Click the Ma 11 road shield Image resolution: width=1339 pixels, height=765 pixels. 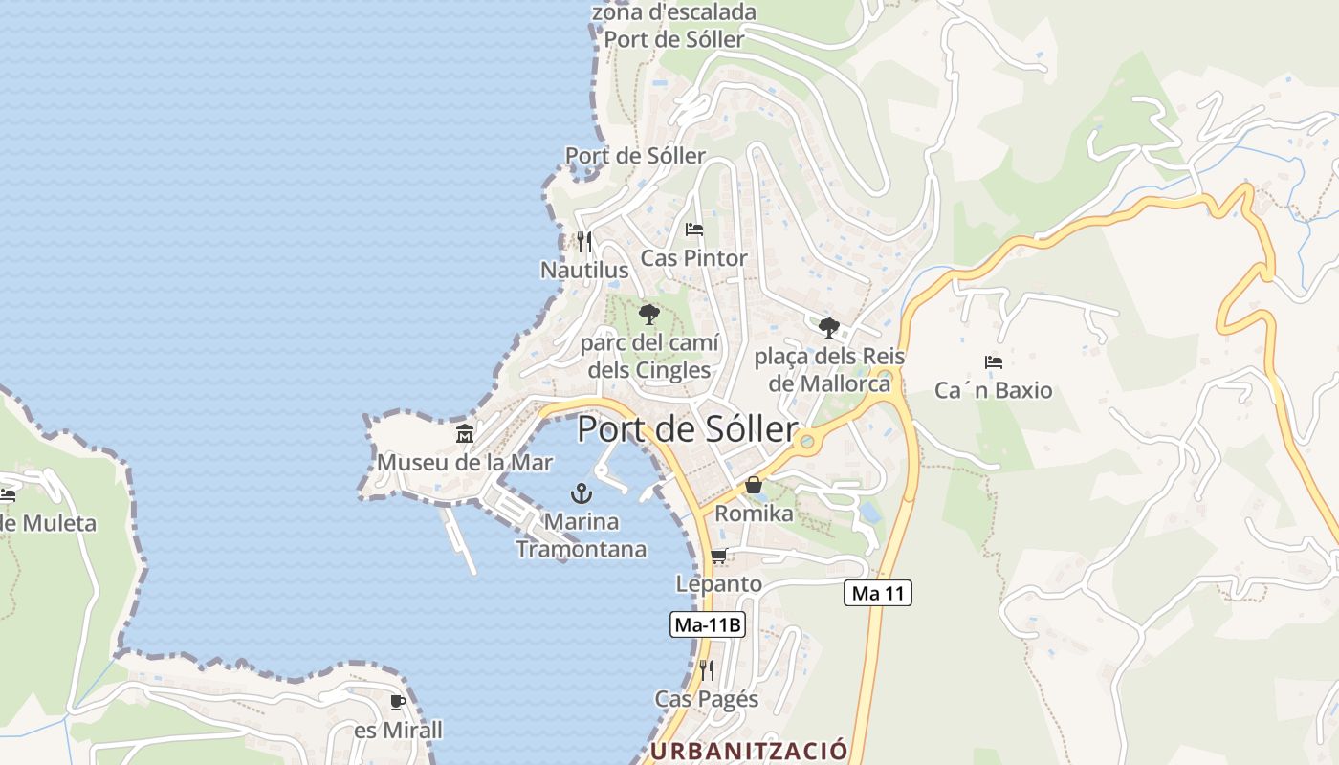tap(877, 593)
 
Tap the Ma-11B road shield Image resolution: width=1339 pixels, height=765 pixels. tap(708, 625)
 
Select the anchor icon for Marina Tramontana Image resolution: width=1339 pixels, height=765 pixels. tap(581, 493)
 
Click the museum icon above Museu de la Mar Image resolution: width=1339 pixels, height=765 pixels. tap(465, 433)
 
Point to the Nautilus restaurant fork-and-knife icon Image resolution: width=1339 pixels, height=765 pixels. tap(584, 242)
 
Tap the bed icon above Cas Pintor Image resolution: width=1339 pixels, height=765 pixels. tap(694, 229)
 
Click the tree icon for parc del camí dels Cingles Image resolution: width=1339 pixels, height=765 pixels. tap(649, 314)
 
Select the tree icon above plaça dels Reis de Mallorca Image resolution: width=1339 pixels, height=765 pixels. tap(829, 328)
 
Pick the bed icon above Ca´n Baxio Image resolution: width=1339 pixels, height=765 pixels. tap(994, 362)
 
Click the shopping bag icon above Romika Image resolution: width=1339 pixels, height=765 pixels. tap(754, 485)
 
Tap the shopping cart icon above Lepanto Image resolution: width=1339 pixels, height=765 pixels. tap(719, 556)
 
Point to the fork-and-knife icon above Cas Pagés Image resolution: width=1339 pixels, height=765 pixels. tap(707, 669)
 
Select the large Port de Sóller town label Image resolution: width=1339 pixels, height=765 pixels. tap(687, 429)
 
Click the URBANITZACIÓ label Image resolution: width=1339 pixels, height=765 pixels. tap(749, 751)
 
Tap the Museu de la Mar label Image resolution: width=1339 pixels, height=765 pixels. tap(465, 463)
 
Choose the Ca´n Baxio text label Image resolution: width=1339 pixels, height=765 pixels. tap(993, 390)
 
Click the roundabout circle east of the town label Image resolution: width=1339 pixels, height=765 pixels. tap(808, 441)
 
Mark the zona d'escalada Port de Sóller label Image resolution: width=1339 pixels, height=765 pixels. tap(674, 26)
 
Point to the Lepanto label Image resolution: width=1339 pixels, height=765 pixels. tap(719, 583)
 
